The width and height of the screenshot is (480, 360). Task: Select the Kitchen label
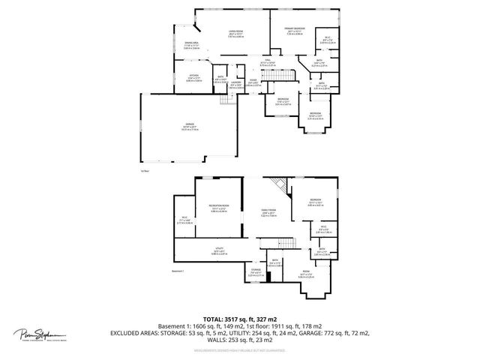[x=193, y=78]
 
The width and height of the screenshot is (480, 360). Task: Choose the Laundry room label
[x=235, y=84]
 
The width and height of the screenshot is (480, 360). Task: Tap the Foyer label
[x=254, y=83]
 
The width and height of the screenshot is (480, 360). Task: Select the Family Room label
[x=268, y=212]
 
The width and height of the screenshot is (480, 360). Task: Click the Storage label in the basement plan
[x=256, y=273]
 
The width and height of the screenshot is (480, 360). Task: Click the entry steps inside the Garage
[x=223, y=101]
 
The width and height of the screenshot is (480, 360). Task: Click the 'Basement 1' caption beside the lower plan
[x=177, y=271]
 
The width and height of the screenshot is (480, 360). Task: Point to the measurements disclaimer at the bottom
[x=239, y=350]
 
